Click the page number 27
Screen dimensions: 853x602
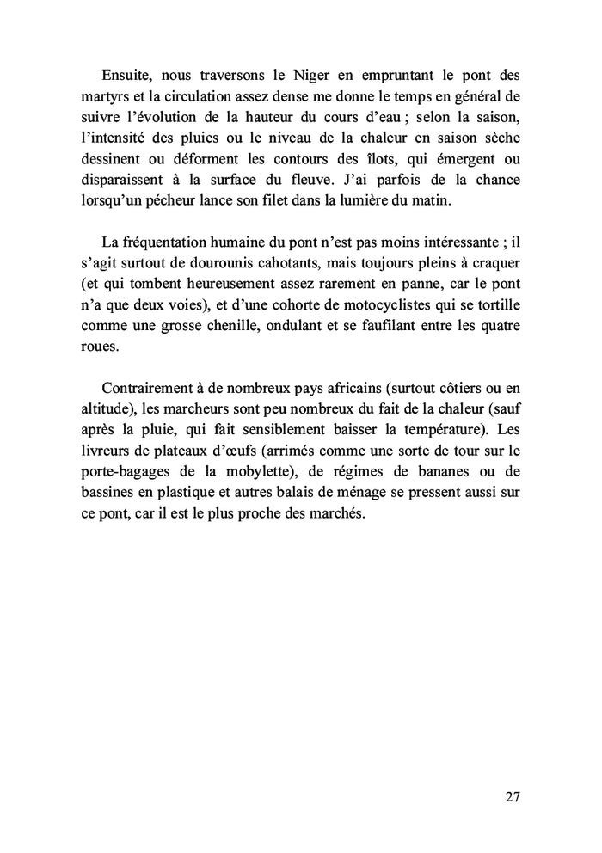(512, 797)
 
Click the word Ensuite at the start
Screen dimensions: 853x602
(128, 76)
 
